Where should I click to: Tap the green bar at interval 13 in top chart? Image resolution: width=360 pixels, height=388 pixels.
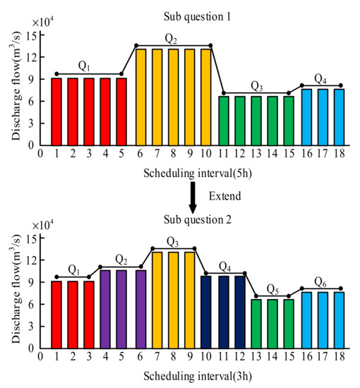pos(256,120)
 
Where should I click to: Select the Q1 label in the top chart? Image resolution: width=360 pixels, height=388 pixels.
pos(85,66)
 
